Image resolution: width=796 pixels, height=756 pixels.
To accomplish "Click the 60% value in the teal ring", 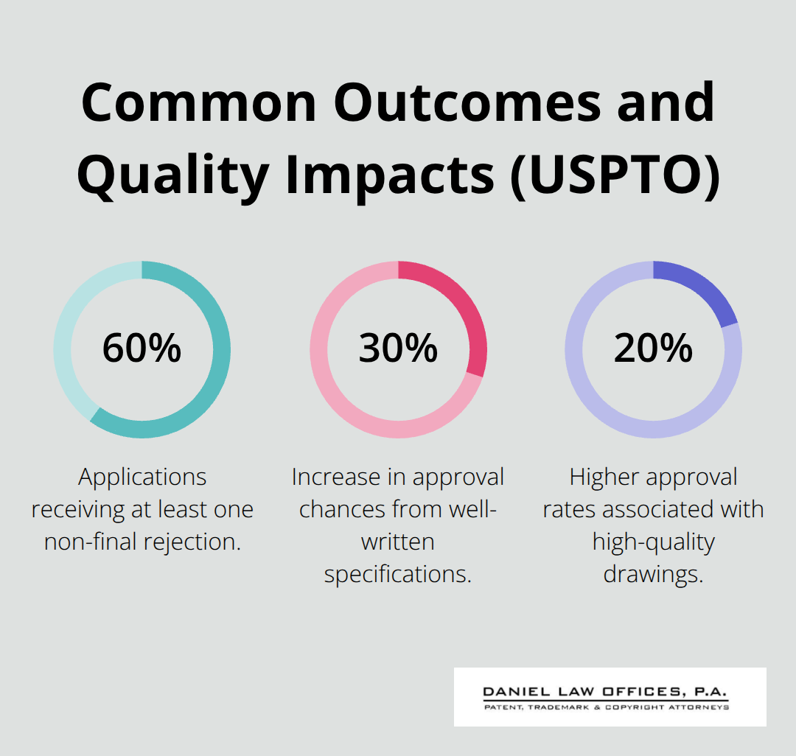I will (142, 349).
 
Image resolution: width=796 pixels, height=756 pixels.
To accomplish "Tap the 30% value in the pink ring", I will (398, 349).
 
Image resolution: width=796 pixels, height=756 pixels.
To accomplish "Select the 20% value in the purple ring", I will (653, 349).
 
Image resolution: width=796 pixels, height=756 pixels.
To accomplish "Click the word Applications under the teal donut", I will (142, 477).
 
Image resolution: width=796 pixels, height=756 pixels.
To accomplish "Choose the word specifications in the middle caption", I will (398, 574).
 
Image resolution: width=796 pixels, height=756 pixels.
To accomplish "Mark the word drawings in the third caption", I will (653, 574).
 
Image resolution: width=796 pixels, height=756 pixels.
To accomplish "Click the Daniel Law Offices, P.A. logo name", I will (605, 693).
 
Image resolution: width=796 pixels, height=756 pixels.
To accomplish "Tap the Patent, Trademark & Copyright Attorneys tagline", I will (605, 707).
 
